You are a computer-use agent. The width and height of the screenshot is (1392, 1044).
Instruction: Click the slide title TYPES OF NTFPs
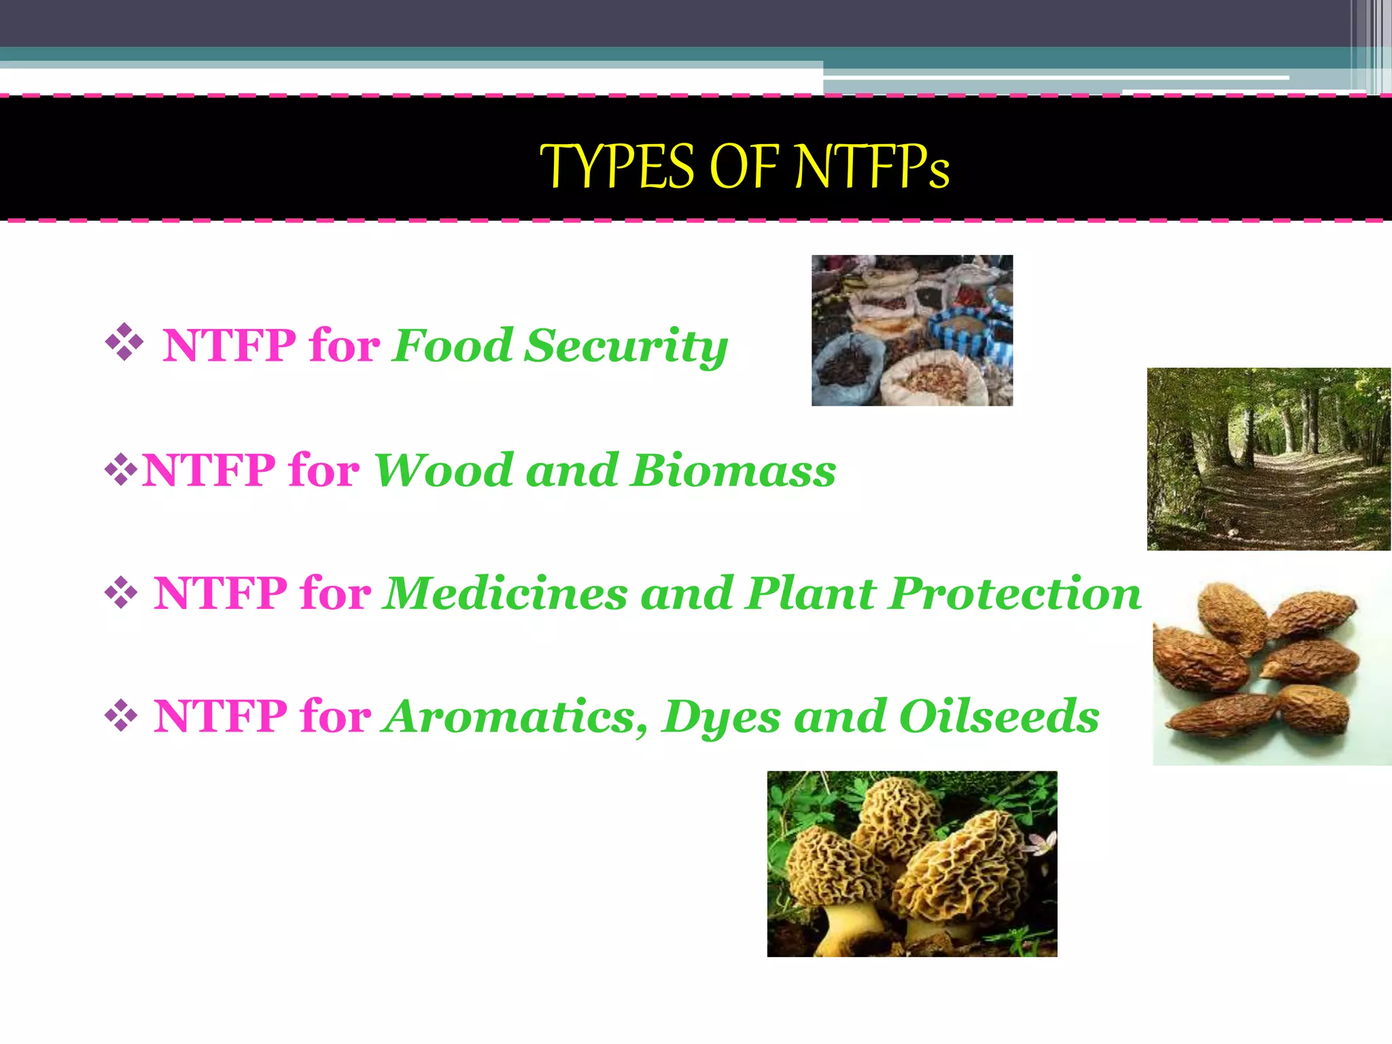(x=745, y=167)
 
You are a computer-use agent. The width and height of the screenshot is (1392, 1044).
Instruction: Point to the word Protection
(x=1015, y=593)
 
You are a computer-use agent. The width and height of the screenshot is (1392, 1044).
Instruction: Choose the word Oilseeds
(x=998, y=716)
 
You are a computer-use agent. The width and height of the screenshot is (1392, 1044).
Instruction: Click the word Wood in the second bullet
(x=443, y=470)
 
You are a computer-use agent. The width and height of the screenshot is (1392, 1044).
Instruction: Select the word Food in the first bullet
(x=453, y=346)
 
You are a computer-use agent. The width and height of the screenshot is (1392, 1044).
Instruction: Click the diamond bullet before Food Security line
(x=124, y=342)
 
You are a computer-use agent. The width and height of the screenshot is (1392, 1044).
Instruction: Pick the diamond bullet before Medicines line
(x=121, y=593)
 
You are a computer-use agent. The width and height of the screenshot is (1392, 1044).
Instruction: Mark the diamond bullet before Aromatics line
(x=121, y=716)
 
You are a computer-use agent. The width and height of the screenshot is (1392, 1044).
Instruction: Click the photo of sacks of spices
(x=911, y=330)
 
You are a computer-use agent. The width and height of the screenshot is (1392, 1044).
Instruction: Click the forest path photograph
(x=1268, y=459)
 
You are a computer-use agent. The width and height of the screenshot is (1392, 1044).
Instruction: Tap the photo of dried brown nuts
(x=1271, y=669)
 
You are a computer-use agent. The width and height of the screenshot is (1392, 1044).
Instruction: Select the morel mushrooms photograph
(x=911, y=864)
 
